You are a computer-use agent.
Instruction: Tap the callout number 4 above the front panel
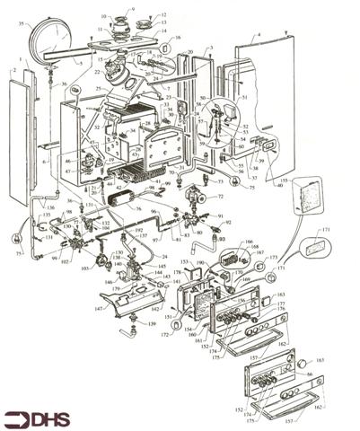tap(258, 35)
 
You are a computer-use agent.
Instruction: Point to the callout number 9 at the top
tap(133, 9)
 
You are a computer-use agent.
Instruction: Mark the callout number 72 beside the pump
tap(220, 195)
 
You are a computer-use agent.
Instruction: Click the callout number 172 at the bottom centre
tap(165, 334)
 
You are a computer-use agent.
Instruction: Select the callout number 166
tap(248, 242)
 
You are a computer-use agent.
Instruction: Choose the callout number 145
tap(162, 267)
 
